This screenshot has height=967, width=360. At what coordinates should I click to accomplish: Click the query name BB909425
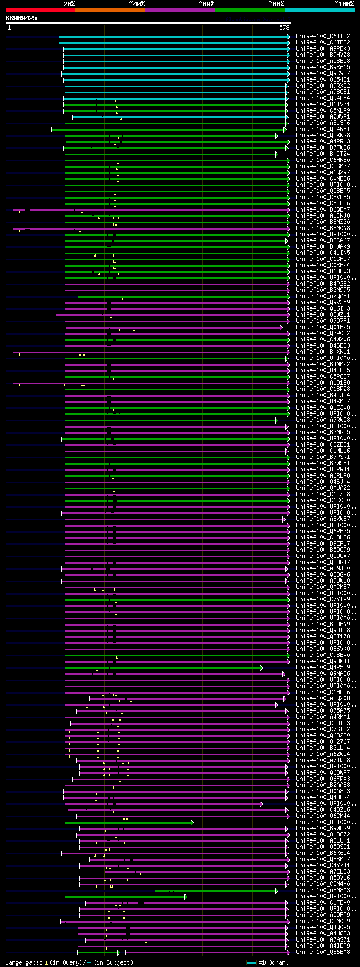pyautogui.click(x=21, y=18)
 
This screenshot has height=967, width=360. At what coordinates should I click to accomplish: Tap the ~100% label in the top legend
pyautogui.click(x=344, y=4)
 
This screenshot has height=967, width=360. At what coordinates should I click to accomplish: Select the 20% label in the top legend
pyautogui.click(x=69, y=4)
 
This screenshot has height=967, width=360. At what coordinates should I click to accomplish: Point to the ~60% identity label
pyautogui.click(x=206, y=4)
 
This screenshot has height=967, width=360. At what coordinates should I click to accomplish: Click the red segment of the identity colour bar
pyautogui.click(x=40, y=10)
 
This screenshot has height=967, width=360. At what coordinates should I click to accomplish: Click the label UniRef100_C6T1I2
pyautogui.click(x=323, y=36)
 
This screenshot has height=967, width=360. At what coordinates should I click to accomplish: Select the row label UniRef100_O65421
pyautogui.click(x=323, y=79)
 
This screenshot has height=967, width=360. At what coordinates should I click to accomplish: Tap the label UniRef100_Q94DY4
pyautogui.click(x=323, y=98)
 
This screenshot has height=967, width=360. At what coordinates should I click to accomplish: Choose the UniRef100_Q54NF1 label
pyautogui.click(x=323, y=129)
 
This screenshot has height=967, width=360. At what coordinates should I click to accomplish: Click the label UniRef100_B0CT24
pyautogui.click(x=323, y=154)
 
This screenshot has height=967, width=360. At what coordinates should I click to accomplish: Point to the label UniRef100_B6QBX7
pyautogui.click(x=323, y=209)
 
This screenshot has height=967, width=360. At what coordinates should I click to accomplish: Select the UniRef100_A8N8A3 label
pyautogui.click(x=323, y=890)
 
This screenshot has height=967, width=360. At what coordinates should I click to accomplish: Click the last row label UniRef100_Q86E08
pyautogui.click(x=323, y=952)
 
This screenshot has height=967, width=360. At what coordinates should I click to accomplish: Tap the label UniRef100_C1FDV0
pyautogui.click(x=323, y=903)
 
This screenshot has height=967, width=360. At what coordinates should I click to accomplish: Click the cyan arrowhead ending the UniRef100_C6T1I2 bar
pyautogui.click(x=289, y=36)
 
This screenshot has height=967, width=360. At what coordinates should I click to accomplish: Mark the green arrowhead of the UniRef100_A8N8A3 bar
pyautogui.click(x=277, y=890)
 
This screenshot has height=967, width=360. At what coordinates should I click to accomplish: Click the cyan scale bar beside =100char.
pyautogui.click(x=252, y=962)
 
